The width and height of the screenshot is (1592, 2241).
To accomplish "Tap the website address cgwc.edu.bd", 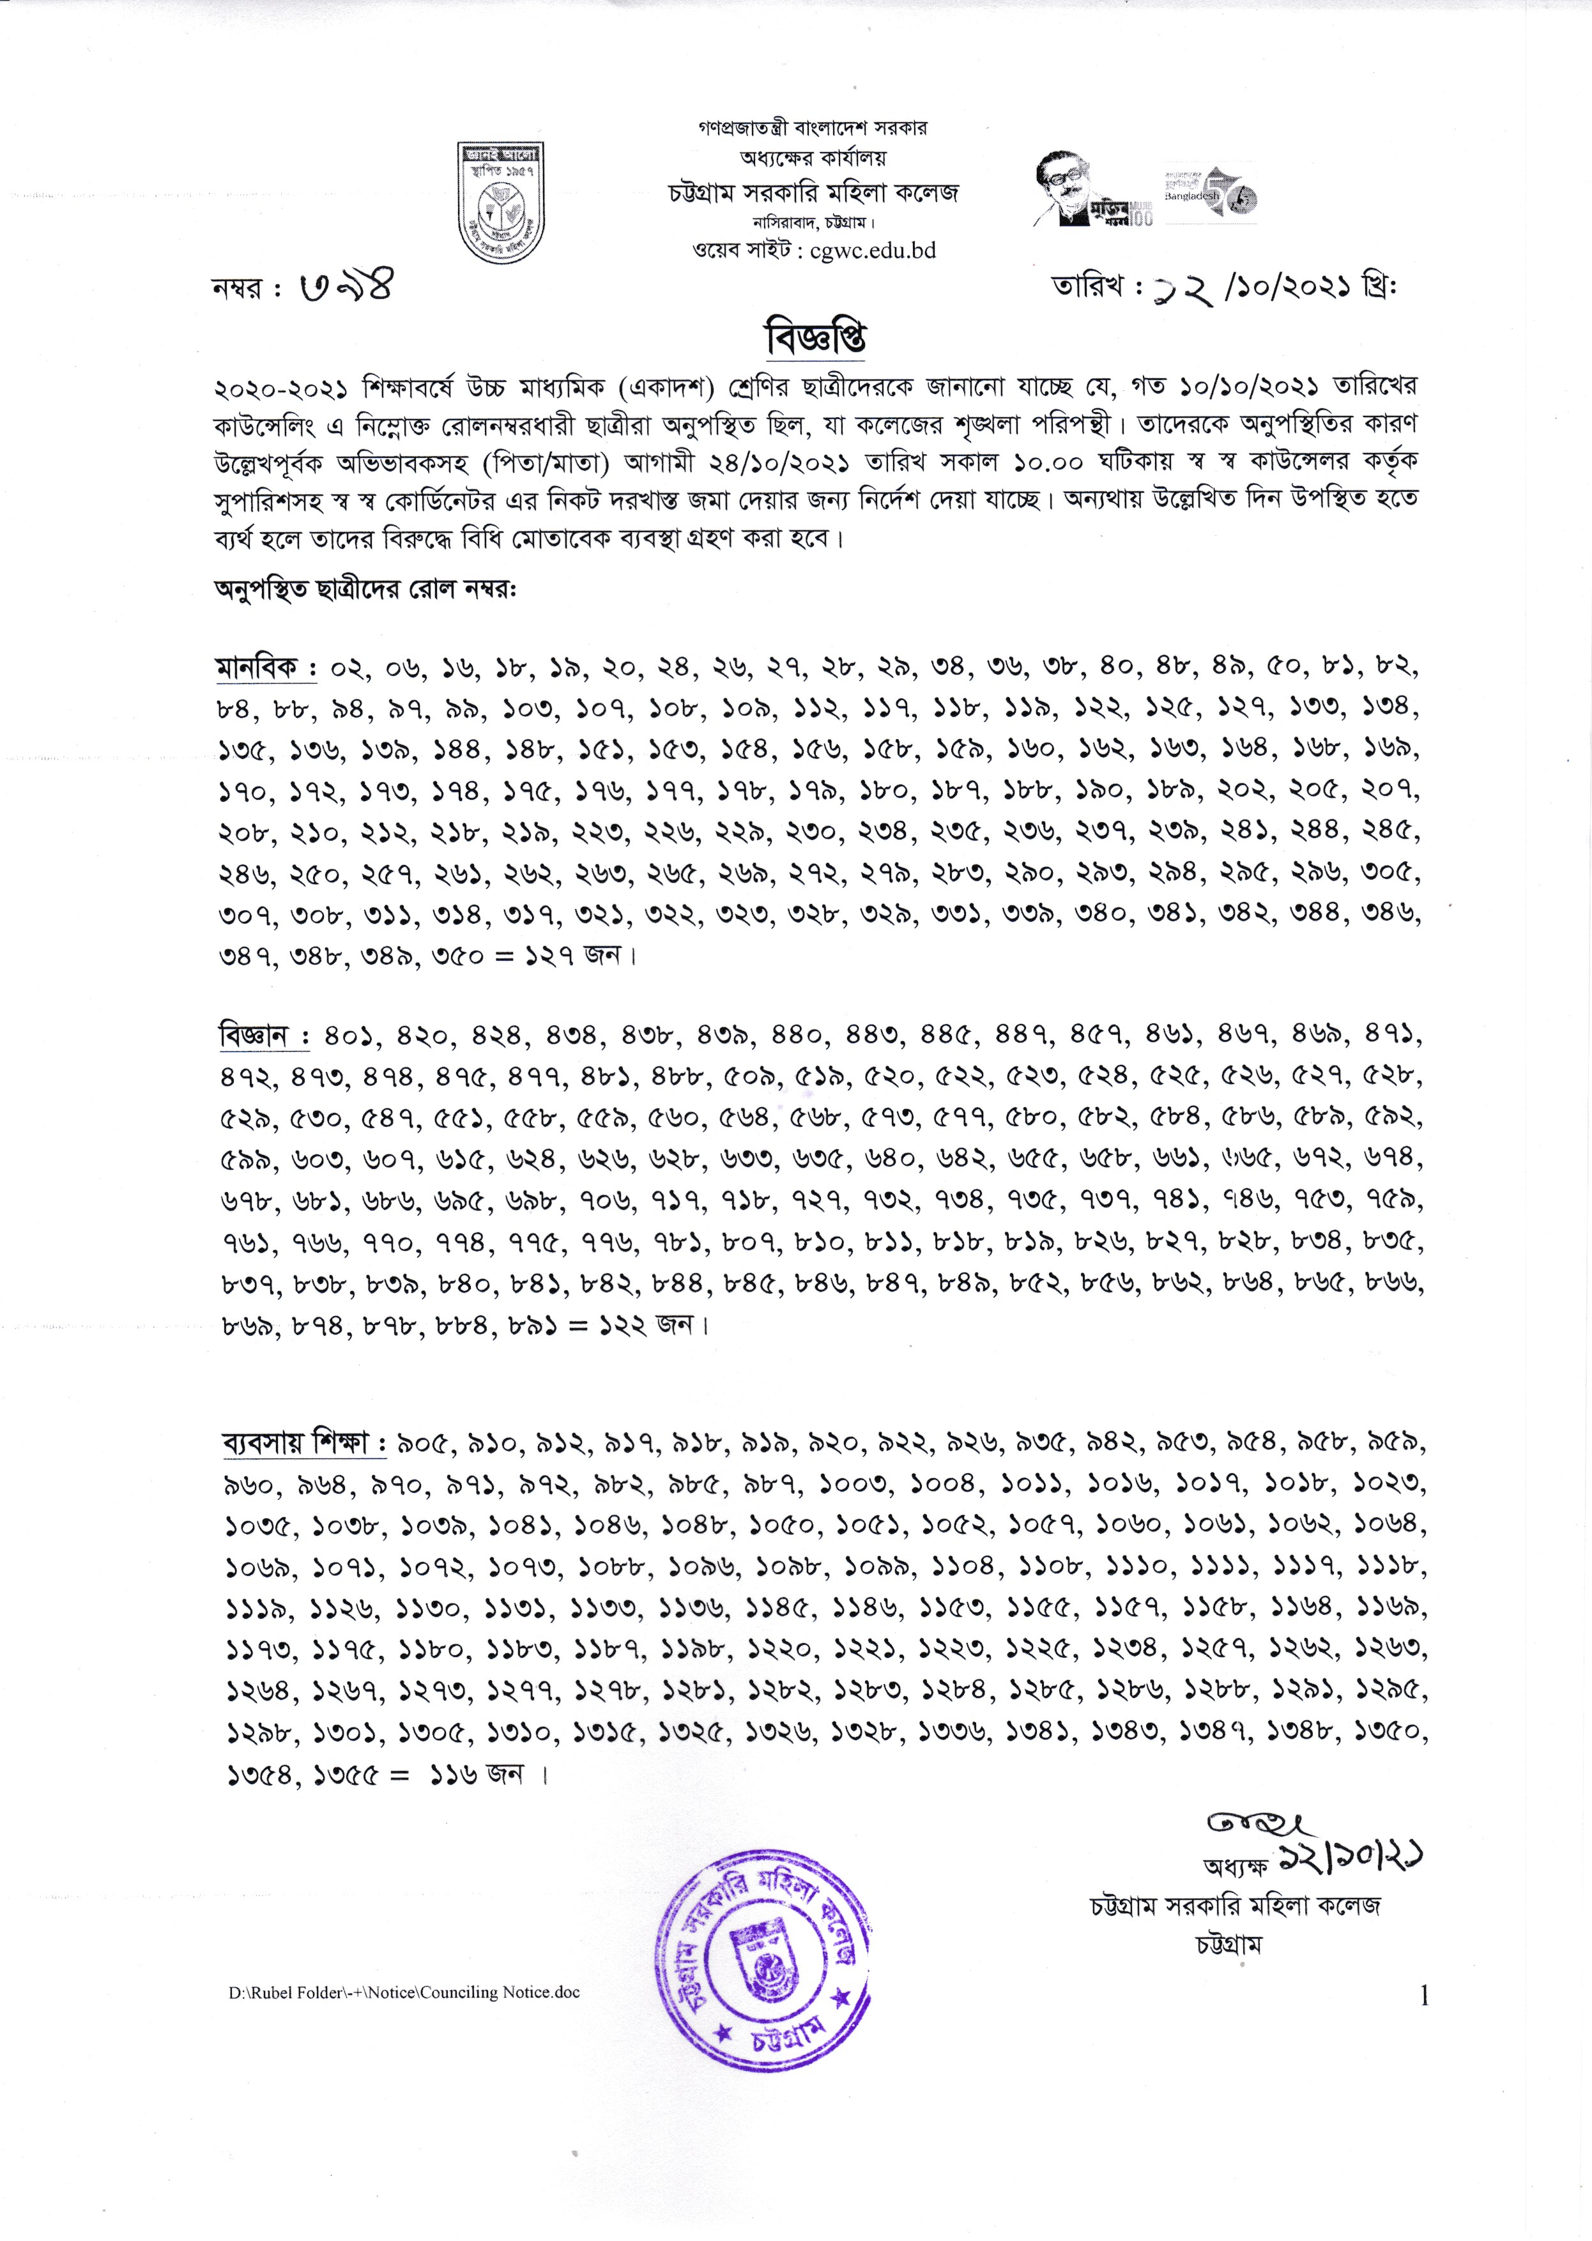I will (873, 251).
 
